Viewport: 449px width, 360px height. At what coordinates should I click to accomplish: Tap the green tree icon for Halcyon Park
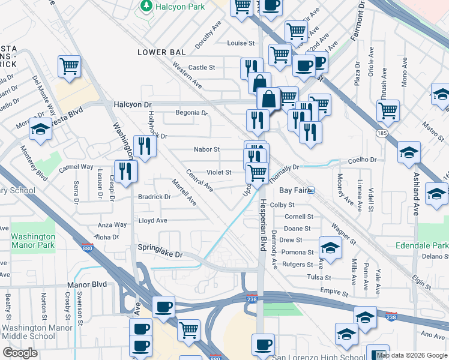[x=145, y=5]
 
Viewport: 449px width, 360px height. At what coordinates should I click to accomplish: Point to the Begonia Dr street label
[x=191, y=112]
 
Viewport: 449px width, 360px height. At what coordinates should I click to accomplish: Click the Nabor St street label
[x=206, y=149]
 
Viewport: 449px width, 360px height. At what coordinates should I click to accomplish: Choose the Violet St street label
[x=219, y=172]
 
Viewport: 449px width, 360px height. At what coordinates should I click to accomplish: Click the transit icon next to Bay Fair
[x=312, y=190]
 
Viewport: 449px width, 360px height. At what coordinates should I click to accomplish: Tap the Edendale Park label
[x=422, y=246]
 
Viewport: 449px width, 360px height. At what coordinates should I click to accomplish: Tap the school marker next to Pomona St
[x=330, y=247]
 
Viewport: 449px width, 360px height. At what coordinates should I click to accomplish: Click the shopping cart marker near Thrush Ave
[x=388, y=110]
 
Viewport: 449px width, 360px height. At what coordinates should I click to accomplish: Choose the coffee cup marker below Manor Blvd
[x=163, y=307]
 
